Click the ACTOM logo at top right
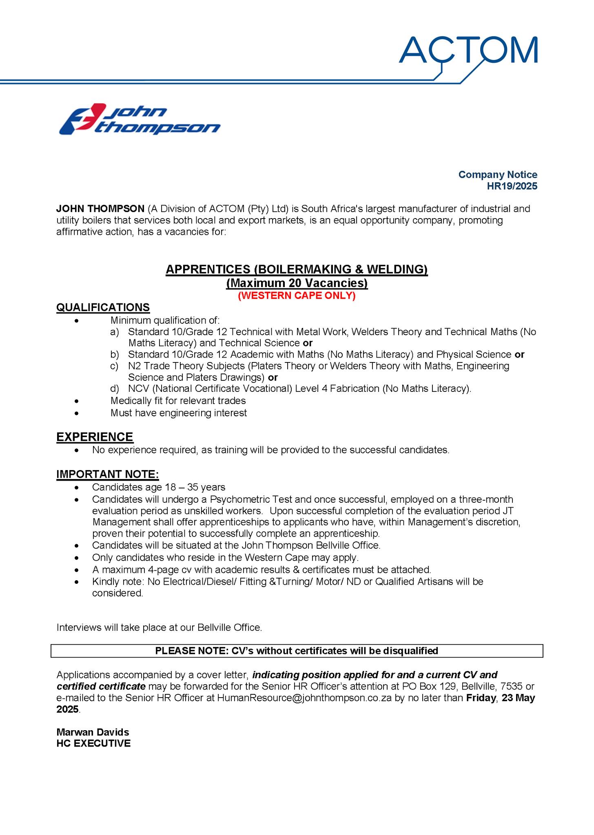468,50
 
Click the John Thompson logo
140,119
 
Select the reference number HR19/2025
512,186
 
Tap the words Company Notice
497,175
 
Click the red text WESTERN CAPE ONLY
297,296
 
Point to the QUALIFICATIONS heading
103,307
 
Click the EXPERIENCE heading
95,437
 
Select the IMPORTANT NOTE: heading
107,474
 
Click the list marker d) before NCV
115,389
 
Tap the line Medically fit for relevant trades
178,401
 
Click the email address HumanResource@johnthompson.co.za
304,698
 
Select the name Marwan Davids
93,732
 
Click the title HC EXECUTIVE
93,743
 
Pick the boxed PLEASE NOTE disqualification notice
297,651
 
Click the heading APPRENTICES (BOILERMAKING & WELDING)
297,269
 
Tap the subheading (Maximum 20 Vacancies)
297,283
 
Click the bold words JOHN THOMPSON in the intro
100,209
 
